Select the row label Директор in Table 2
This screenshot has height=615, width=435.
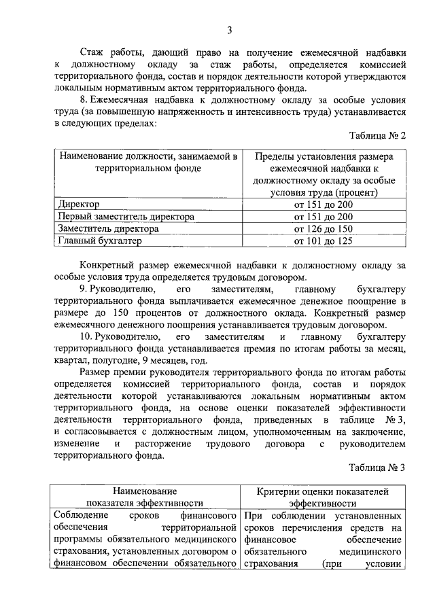[x=79, y=204]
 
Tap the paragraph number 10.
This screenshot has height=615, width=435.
[x=85, y=337]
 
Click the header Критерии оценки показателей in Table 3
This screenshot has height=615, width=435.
[x=323, y=491]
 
